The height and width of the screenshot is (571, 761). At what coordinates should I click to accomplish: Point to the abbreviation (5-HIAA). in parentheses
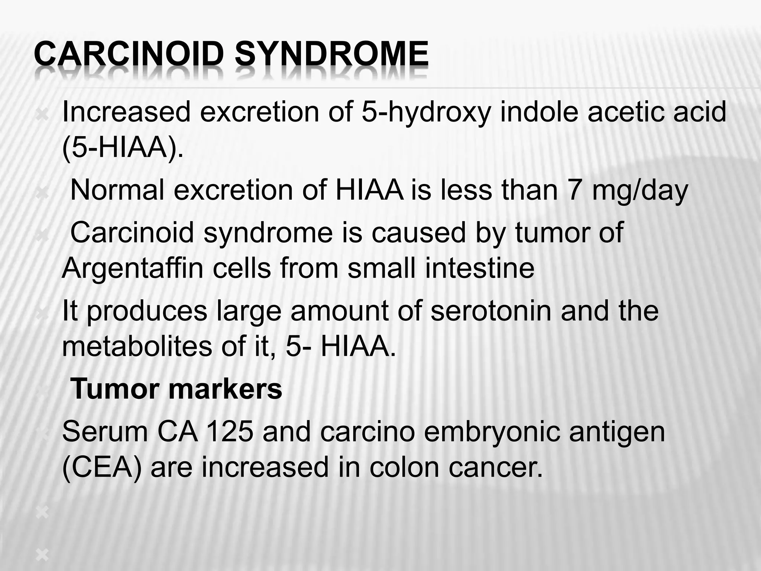(123, 148)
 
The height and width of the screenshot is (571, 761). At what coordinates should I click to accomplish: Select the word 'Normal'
(117, 190)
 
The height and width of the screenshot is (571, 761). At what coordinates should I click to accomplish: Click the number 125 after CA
(229, 432)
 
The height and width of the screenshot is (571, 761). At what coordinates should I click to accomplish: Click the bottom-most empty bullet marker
(42, 555)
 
